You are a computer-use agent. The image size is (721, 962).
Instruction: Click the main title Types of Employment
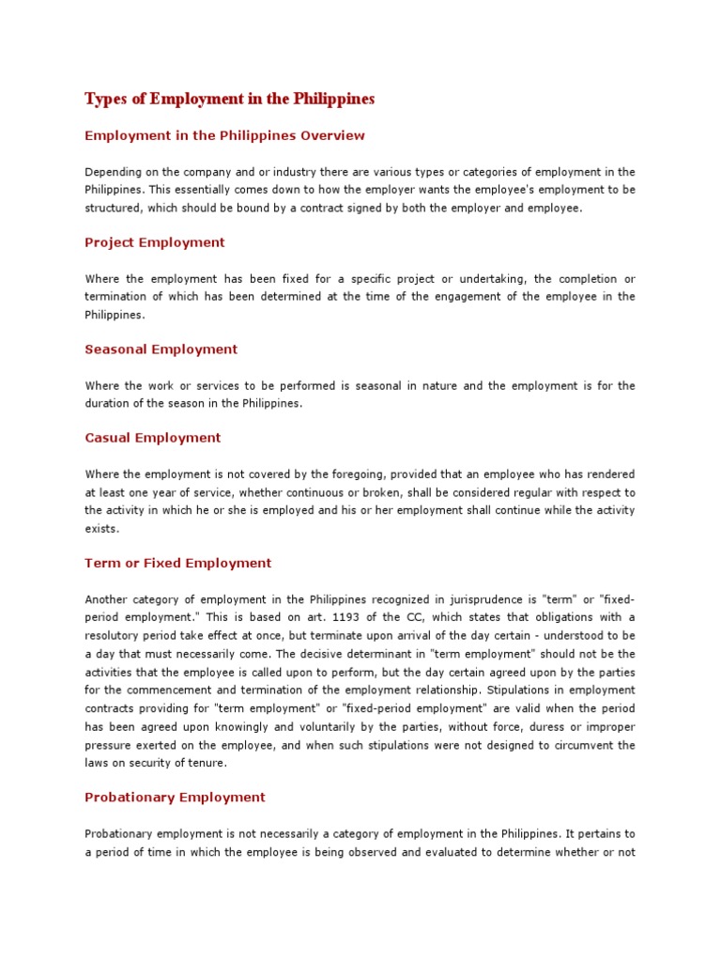(x=230, y=99)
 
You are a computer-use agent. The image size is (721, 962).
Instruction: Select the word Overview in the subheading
(x=332, y=135)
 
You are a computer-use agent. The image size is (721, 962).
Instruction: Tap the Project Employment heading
(x=155, y=242)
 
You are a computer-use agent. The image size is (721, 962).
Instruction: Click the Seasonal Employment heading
(x=161, y=349)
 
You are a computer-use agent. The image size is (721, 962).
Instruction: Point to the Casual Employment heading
(x=153, y=438)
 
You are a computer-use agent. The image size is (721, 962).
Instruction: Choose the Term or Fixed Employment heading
(x=178, y=564)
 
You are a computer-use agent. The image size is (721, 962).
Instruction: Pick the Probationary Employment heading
(x=176, y=798)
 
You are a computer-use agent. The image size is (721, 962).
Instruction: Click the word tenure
(x=207, y=763)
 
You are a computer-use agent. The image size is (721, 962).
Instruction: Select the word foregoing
(x=374, y=474)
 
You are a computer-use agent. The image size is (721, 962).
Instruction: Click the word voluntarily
(x=323, y=727)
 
